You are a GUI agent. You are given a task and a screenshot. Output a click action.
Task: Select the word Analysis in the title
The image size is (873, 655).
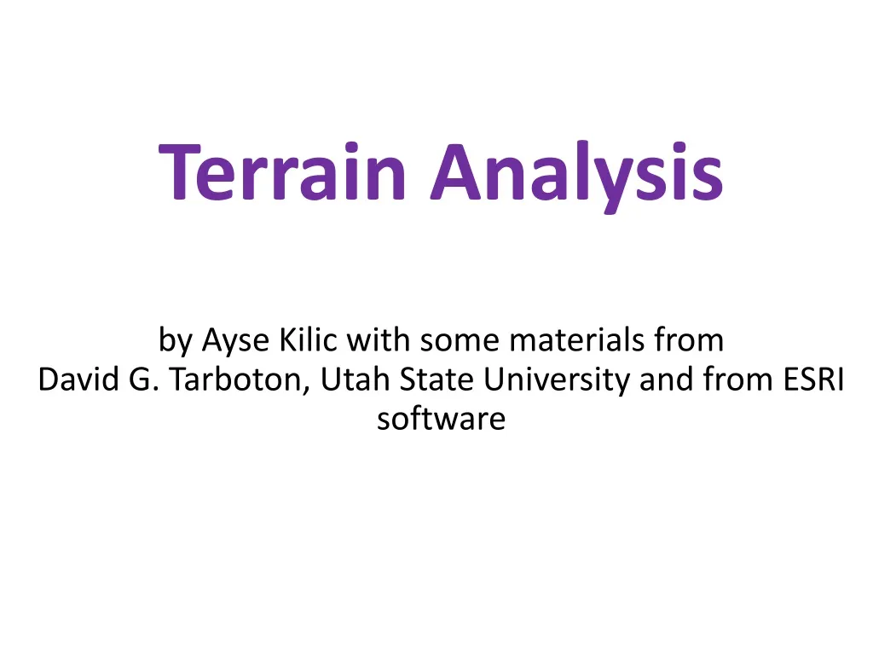point(576,173)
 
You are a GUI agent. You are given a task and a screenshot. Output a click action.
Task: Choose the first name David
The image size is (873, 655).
point(79,380)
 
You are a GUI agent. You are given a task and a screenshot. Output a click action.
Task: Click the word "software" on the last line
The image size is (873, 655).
point(441,420)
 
